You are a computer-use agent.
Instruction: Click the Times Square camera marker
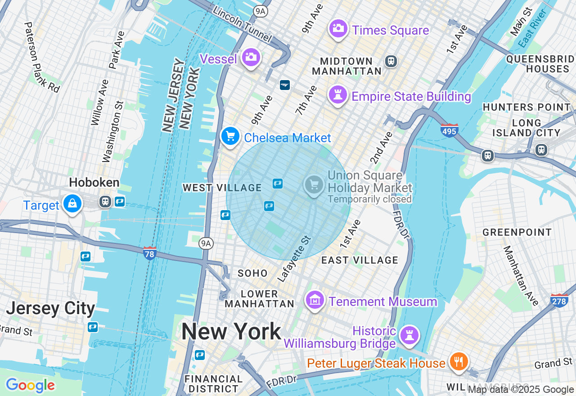(x=337, y=28)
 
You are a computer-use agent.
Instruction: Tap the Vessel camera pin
(x=251, y=57)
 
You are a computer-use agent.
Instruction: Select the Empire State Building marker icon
(x=337, y=94)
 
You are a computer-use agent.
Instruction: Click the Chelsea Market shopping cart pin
(x=230, y=135)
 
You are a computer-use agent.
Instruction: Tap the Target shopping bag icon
(x=72, y=203)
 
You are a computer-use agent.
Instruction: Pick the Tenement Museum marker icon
(x=315, y=300)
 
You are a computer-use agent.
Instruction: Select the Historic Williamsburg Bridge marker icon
(x=409, y=336)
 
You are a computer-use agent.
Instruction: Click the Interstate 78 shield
(x=150, y=253)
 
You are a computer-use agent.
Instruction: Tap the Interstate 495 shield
(x=449, y=130)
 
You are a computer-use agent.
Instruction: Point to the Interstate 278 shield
(x=559, y=300)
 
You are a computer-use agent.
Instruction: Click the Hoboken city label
(x=94, y=182)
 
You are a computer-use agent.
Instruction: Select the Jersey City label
(x=50, y=309)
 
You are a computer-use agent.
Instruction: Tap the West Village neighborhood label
(x=222, y=188)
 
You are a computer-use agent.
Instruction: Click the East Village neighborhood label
(x=360, y=260)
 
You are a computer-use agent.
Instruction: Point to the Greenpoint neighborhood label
(x=517, y=232)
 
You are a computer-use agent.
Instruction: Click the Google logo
(x=30, y=385)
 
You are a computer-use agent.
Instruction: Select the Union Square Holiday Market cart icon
(x=314, y=184)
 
